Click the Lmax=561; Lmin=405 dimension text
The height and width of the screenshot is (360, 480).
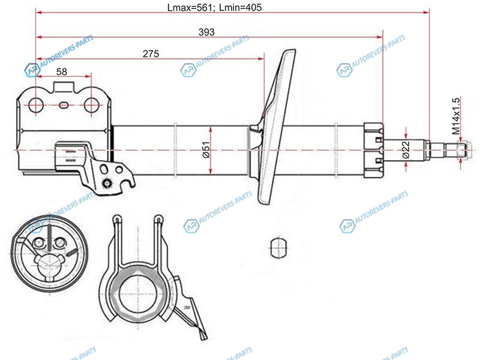pos(214,7)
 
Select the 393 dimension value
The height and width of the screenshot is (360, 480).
pos(206,32)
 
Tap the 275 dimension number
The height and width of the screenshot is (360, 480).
pos(151,54)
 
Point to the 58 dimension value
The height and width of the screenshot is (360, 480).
pos(62,71)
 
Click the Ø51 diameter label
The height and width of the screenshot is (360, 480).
pos(206,149)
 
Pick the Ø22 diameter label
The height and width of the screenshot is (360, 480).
pos(406,149)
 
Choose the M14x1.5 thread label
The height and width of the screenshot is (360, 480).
pos(456,116)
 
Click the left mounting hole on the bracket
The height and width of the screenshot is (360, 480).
pos(36,105)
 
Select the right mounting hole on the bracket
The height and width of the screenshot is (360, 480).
pos(91,105)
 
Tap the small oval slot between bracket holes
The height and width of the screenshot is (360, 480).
pos(64,105)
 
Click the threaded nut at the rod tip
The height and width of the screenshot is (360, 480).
pos(462,150)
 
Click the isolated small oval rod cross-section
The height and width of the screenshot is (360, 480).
pos(278,247)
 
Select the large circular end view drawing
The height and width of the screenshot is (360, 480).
pos(49,253)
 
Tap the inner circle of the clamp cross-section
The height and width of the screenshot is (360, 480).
pos(137,295)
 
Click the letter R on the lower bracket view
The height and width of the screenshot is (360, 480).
pos(187,307)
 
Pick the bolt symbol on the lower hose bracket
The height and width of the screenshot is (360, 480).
pos(107,184)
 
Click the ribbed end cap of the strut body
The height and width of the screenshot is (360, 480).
pos(373,151)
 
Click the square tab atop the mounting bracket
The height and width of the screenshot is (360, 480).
pos(64,86)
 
